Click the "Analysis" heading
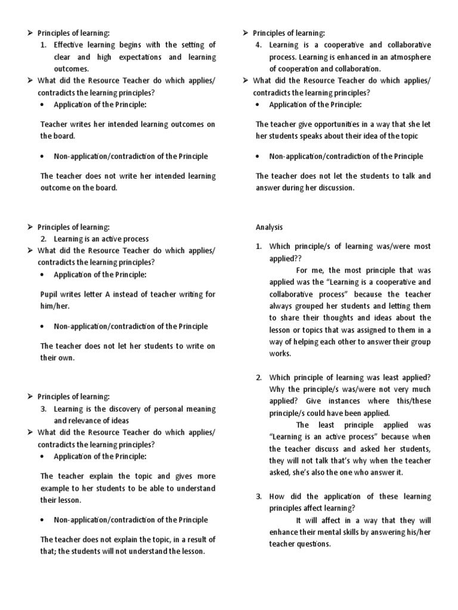[269, 227]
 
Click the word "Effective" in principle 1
[71, 45]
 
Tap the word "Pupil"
[49, 294]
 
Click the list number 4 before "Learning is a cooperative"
[260, 45]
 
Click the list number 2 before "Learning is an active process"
[44, 239]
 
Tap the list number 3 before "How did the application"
[259, 496]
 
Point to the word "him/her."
[55, 306]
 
